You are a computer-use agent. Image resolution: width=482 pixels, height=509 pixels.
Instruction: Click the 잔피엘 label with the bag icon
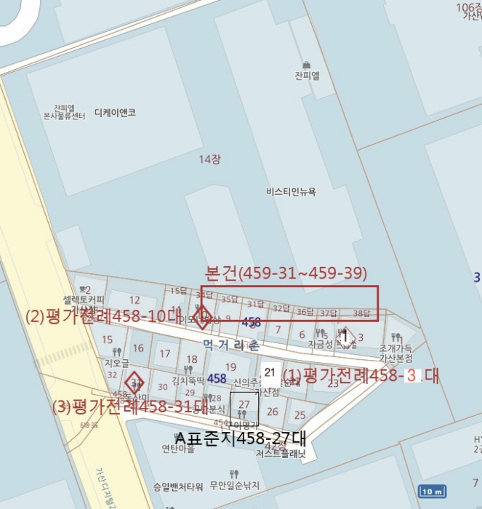(x=308, y=75)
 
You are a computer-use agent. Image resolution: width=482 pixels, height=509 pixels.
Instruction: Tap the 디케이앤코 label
(x=115, y=113)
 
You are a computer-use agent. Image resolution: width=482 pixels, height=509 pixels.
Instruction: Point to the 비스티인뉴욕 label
(x=292, y=192)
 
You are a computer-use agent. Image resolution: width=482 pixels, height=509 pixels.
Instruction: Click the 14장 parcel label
(x=211, y=158)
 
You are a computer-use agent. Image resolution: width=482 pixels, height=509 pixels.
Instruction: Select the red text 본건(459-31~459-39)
(x=287, y=274)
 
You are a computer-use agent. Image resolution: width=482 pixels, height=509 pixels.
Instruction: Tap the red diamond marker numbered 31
(x=134, y=382)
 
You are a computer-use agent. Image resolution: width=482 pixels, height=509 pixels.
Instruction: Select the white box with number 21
(x=270, y=372)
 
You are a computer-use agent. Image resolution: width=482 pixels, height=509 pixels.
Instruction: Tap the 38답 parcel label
(x=361, y=313)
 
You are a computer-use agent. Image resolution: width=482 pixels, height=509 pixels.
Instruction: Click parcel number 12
(x=134, y=300)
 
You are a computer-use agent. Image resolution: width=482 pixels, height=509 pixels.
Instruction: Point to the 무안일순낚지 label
(x=235, y=485)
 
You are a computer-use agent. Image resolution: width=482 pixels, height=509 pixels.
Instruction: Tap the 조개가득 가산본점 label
(x=395, y=353)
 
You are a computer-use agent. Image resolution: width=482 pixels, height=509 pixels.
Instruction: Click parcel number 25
(x=300, y=415)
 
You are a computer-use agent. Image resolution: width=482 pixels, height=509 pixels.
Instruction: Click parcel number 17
(x=165, y=354)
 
